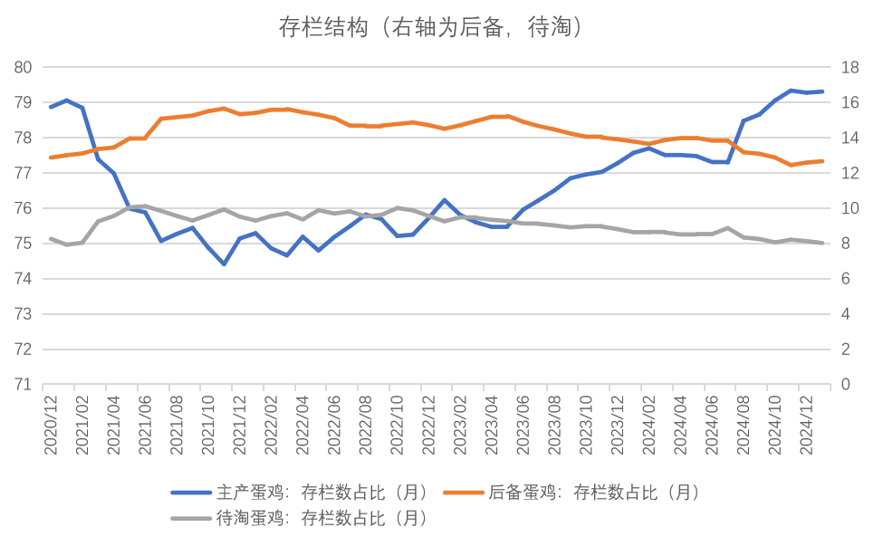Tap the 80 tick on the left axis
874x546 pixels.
click(24, 67)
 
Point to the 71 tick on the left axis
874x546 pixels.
click(24, 384)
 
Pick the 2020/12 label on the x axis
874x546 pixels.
click(51, 418)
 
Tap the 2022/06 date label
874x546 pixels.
click(334, 418)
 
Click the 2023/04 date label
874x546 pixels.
click(491, 418)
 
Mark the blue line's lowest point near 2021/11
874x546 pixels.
click(224, 264)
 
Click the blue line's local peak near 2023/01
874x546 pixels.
click(444, 199)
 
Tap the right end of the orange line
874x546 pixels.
click(821, 161)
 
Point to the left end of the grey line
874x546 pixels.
click(51, 238)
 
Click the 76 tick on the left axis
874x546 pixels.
click(24, 208)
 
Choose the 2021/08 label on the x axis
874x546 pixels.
click(177, 418)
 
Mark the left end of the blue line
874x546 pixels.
click(51, 107)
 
